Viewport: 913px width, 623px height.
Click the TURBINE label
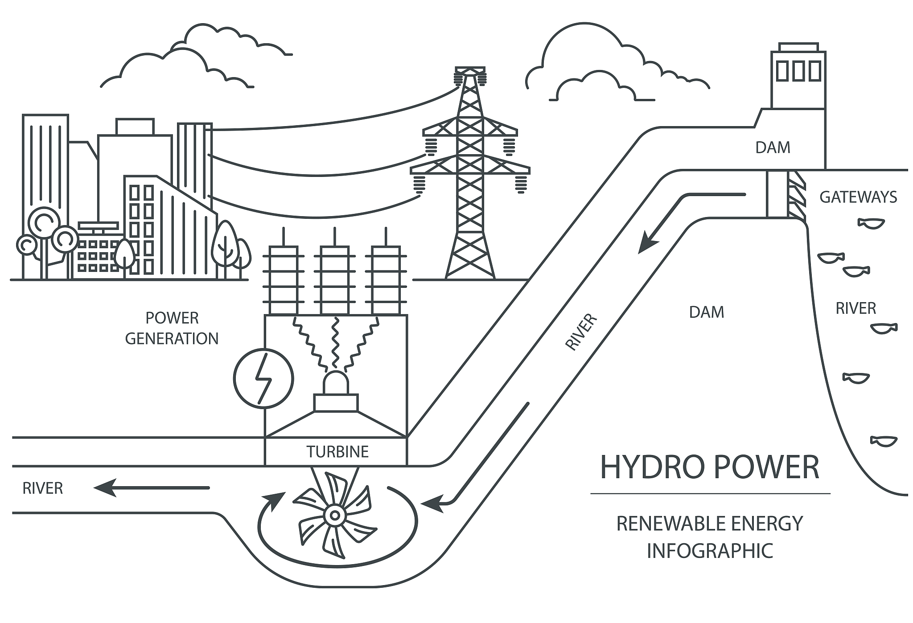pyautogui.click(x=337, y=452)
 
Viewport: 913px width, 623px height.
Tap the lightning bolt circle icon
pyautogui.click(x=263, y=379)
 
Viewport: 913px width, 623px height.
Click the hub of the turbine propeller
pyautogui.click(x=333, y=516)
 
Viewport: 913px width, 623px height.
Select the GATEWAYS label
pyautogui.click(x=858, y=197)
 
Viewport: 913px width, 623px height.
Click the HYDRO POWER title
pyautogui.click(x=710, y=467)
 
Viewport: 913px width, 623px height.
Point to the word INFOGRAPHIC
pyautogui.click(x=710, y=551)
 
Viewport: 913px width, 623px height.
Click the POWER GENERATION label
pyautogui.click(x=172, y=328)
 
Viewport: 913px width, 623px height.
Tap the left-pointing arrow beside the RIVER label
pyautogui.click(x=152, y=488)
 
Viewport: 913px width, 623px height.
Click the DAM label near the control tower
pyautogui.click(x=773, y=148)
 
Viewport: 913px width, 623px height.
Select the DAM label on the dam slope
pyautogui.click(x=707, y=312)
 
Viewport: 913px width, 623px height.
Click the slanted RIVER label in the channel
pyautogui.click(x=581, y=332)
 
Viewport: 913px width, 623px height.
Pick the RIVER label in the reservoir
pyautogui.click(x=855, y=308)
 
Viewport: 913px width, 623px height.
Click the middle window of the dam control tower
pyautogui.click(x=798, y=71)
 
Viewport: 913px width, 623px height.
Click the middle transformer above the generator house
pyautogui.click(x=335, y=281)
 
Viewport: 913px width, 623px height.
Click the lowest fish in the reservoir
pyautogui.click(x=883, y=440)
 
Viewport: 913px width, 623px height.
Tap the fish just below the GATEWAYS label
pyautogui.click(x=871, y=223)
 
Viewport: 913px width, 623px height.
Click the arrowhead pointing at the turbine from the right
pyautogui.click(x=431, y=504)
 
